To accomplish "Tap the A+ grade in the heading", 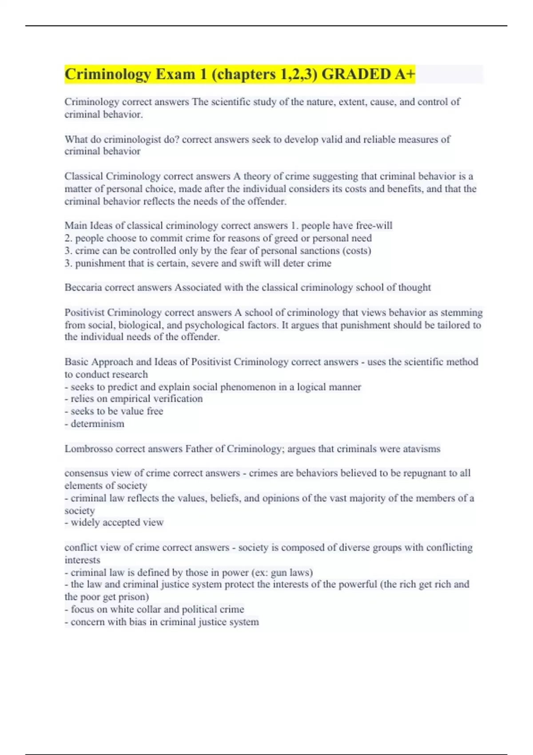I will click(x=405, y=74).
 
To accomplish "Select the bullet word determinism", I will click(x=97, y=424).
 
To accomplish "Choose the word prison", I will click(x=132, y=597).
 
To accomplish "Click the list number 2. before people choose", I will click(x=68, y=238).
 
